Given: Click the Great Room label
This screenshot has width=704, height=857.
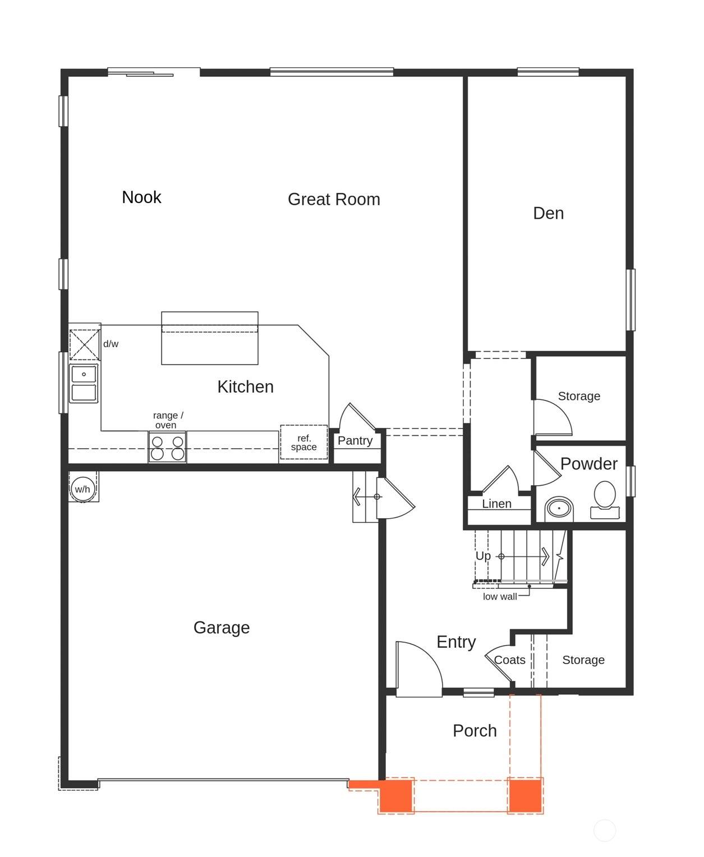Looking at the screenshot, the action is click(x=334, y=199).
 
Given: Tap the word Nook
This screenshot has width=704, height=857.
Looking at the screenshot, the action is click(x=141, y=197).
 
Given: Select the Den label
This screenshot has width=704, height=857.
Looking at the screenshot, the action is click(x=548, y=213).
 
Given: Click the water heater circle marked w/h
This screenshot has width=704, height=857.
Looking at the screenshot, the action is click(x=83, y=489).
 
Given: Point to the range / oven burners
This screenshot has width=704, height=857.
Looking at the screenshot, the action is click(x=167, y=447).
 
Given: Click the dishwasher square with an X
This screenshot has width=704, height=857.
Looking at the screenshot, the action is click(x=84, y=344).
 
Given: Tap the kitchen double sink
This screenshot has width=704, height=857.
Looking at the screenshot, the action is click(x=84, y=384).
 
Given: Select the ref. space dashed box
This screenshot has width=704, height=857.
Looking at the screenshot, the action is click(x=303, y=442).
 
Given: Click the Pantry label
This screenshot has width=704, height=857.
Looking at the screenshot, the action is click(x=355, y=440).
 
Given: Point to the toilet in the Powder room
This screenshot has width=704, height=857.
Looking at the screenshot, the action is click(x=605, y=499).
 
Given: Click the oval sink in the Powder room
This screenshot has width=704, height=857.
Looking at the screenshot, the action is click(x=559, y=508).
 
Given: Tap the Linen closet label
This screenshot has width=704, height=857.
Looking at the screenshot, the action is click(x=496, y=504).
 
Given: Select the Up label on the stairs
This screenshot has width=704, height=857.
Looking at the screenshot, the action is click(x=483, y=556).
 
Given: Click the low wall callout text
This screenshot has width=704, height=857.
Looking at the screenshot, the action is click(x=500, y=597).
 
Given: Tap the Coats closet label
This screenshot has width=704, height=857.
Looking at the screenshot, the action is click(x=509, y=660).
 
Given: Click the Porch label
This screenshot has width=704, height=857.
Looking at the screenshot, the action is click(x=475, y=731).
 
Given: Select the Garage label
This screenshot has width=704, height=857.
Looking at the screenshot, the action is click(x=222, y=628).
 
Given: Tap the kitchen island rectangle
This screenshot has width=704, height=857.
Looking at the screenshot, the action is click(x=210, y=338).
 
